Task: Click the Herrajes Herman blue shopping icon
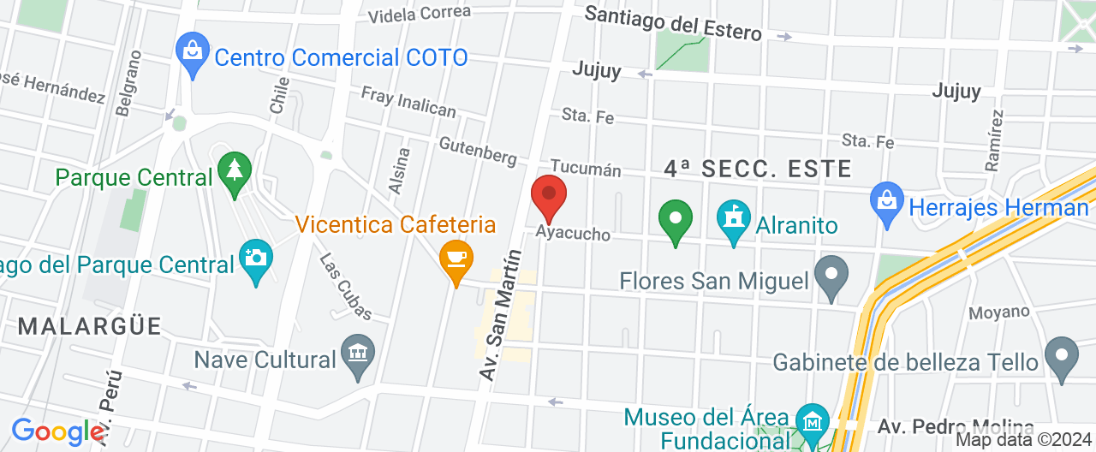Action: tap(887, 203)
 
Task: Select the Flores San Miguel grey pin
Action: tap(830, 277)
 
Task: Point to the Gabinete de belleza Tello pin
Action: tap(1062, 356)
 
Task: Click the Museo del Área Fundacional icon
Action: tap(811, 422)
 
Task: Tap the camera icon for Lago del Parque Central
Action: tap(255, 259)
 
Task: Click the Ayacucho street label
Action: tap(574, 233)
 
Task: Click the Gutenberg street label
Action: tap(477, 151)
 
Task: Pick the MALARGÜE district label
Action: tap(89, 326)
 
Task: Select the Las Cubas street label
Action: tap(345, 286)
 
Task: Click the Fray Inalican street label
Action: tap(408, 102)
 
